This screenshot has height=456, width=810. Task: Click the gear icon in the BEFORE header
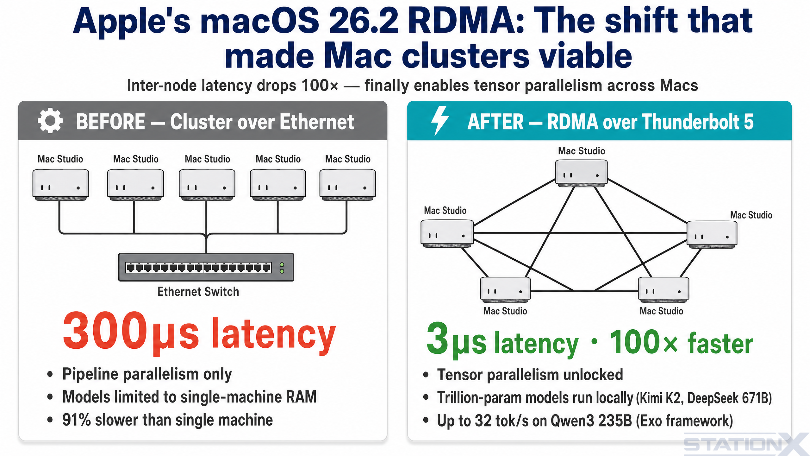click(50, 121)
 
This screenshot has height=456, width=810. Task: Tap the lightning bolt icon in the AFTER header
click(440, 121)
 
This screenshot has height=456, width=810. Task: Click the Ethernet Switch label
click(198, 292)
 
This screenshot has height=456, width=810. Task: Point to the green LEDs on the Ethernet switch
click(282, 268)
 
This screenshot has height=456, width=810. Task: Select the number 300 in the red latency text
click(105, 331)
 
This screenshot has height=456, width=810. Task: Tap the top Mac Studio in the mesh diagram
click(581, 173)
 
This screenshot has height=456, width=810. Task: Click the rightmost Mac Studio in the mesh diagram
click(712, 235)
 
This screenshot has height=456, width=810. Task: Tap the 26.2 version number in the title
click(364, 22)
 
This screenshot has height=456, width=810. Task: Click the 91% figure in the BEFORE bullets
click(77, 420)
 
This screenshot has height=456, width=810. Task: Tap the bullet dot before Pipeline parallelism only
click(50, 374)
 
